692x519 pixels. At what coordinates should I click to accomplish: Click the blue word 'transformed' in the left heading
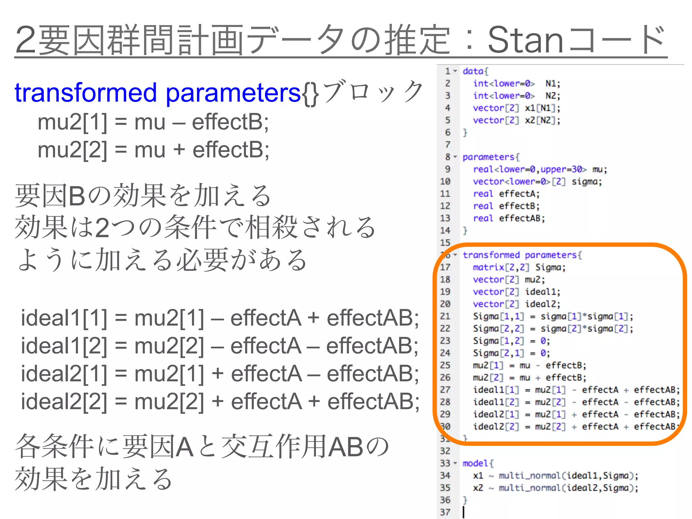pos(86,93)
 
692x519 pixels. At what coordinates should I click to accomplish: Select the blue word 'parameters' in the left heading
pos(233,93)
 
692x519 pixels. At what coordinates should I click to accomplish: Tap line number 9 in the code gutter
pos(447,169)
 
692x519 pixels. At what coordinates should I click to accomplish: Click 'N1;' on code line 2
pos(553,83)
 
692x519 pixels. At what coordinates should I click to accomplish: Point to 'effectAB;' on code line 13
pos(522,218)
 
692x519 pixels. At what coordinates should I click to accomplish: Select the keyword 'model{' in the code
pos(478,463)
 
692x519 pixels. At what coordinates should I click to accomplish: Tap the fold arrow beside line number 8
pos(455,157)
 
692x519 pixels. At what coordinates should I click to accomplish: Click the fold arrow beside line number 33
pos(455,463)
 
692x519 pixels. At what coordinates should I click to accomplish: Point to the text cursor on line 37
pos(464,512)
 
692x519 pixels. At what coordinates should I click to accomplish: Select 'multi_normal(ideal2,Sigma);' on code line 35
pos(568,488)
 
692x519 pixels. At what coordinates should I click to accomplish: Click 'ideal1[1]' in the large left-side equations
pos(64,318)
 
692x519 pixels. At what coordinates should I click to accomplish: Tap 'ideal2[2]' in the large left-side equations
pos(64,402)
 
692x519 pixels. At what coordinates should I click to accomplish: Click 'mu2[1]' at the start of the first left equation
pos(72,122)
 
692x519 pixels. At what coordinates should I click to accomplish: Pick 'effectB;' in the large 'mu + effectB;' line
pos(231,150)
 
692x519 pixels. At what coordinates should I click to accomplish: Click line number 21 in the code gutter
pos(445,316)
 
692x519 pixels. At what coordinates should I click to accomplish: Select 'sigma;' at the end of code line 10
pos(587,182)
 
